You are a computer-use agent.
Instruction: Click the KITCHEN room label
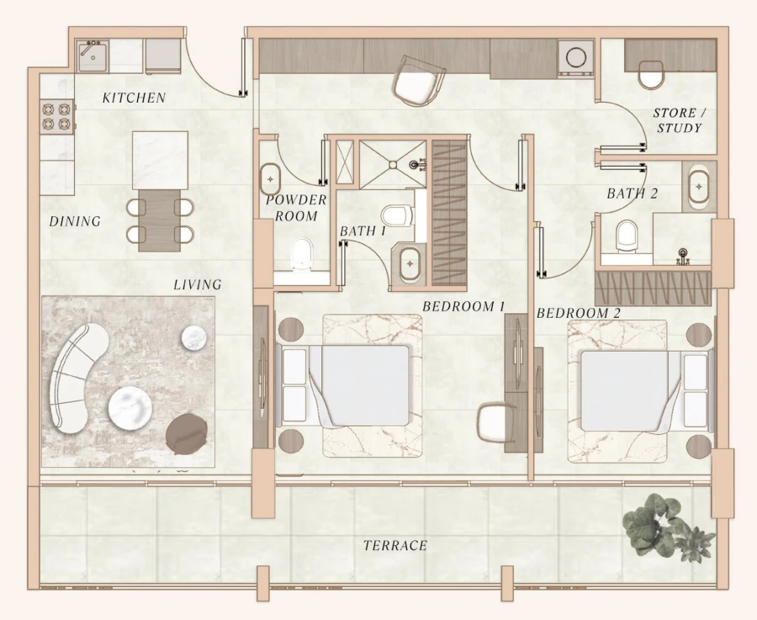click(x=134, y=98)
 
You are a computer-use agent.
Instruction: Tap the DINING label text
click(x=75, y=222)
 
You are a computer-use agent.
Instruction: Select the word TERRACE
click(x=395, y=546)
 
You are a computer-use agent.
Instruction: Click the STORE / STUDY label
click(x=678, y=120)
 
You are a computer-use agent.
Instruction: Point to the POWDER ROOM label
click(x=296, y=208)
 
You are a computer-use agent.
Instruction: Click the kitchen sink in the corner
click(x=92, y=56)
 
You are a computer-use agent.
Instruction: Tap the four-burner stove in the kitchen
click(x=56, y=117)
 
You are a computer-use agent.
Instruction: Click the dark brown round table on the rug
click(x=187, y=433)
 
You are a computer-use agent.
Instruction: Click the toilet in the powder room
click(x=300, y=252)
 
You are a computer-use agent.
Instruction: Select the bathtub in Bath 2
click(x=698, y=188)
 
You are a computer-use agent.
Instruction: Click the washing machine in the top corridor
click(x=577, y=58)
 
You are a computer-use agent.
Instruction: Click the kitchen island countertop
click(x=160, y=160)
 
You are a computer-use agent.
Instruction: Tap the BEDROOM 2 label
click(x=578, y=314)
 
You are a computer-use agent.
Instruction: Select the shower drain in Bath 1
click(x=414, y=165)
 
